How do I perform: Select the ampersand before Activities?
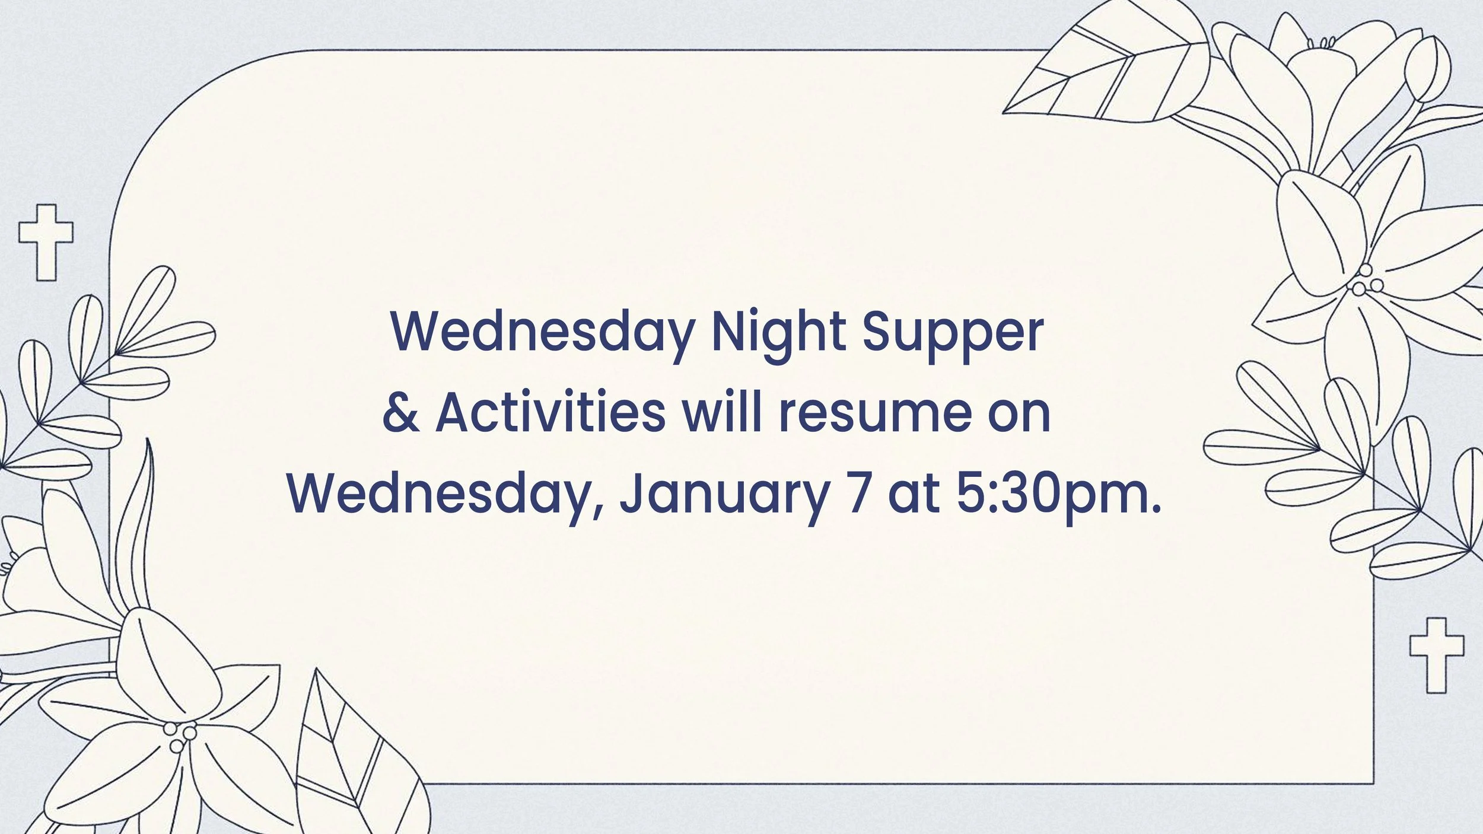(402, 413)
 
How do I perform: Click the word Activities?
(550, 412)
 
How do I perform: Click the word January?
(723, 496)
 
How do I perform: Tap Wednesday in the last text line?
(445, 495)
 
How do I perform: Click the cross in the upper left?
(46, 242)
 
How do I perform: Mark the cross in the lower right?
(1437, 654)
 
